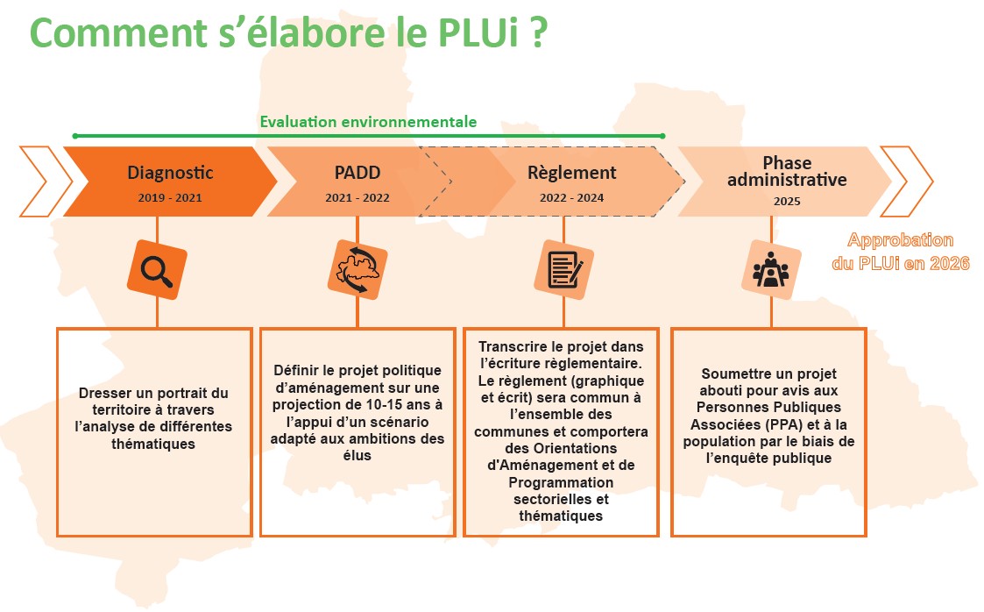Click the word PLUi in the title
[x=478, y=32]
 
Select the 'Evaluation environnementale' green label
[x=368, y=122]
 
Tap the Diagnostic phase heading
[x=170, y=173]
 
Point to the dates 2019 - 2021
[x=170, y=198]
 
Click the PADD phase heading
[x=357, y=173]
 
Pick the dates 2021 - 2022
[x=357, y=198]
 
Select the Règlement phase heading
[x=571, y=173]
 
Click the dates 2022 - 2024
[x=571, y=198]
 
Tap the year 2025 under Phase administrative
[x=787, y=202]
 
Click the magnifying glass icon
[x=157, y=270]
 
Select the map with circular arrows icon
[x=357, y=270]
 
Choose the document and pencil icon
[x=563, y=270]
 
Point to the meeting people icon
[x=770, y=270]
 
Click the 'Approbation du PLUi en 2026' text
[x=901, y=252]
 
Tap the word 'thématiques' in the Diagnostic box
[x=153, y=444]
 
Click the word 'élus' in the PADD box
[x=357, y=456]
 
